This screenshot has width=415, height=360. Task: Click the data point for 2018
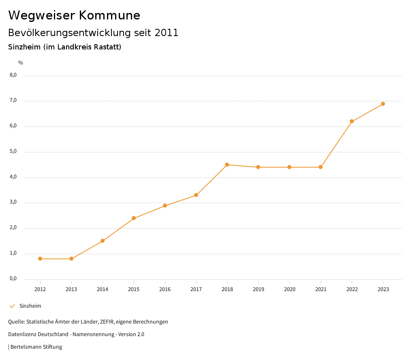(x=227, y=165)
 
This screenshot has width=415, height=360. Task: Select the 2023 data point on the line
(x=383, y=104)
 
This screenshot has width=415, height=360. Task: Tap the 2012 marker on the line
(x=40, y=259)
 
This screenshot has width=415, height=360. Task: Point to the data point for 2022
(x=352, y=121)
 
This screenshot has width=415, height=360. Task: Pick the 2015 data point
(x=134, y=218)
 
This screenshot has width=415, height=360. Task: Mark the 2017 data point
(x=196, y=195)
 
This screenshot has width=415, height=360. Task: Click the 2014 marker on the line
(x=103, y=241)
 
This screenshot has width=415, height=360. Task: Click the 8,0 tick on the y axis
(x=13, y=75)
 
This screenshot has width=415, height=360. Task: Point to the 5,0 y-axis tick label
(x=13, y=151)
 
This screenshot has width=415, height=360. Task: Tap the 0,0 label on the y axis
(x=13, y=279)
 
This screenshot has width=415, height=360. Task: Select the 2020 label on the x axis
(x=289, y=289)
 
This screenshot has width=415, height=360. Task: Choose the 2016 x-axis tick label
(x=165, y=289)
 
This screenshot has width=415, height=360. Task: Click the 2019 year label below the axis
(x=258, y=289)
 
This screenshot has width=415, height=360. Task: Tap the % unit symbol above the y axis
(x=21, y=63)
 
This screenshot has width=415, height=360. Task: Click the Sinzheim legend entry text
(x=30, y=306)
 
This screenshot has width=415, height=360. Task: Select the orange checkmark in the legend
(x=12, y=306)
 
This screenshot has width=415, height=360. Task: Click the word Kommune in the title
(x=109, y=15)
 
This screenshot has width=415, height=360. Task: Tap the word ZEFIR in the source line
(x=105, y=322)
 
